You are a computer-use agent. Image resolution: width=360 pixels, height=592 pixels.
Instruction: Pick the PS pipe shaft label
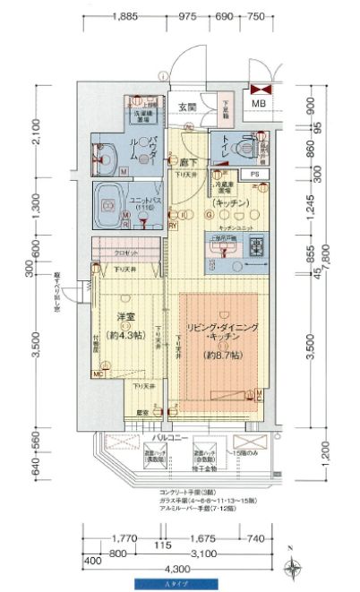pos(254,174)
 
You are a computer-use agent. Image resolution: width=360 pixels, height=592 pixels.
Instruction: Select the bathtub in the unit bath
pos(110,199)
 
